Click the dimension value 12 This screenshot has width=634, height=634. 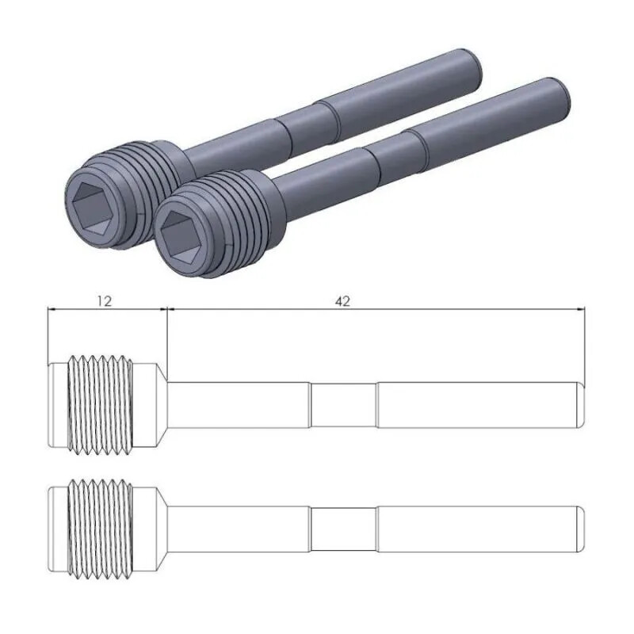click(x=105, y=301)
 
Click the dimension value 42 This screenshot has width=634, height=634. click(x=342, y=301)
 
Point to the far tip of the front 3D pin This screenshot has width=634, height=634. click(x=564, y=93)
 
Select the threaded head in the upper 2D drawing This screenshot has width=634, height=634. click(x=100, y=405)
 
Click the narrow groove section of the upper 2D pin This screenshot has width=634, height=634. click(x=342, y=405)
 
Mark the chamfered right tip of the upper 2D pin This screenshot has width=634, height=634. click(x=581, y=405)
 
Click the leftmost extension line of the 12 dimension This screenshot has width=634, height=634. click(x=48, y=333)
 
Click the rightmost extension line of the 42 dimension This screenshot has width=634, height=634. click(x=585, y=341)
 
